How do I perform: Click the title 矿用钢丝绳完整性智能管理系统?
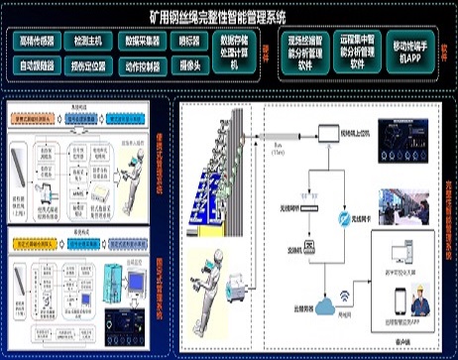[x=228, y=17]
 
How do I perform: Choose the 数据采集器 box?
[x=144, y=43]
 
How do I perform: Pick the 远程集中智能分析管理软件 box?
[x=357, y=53]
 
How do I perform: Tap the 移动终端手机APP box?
[x=411, y=53]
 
